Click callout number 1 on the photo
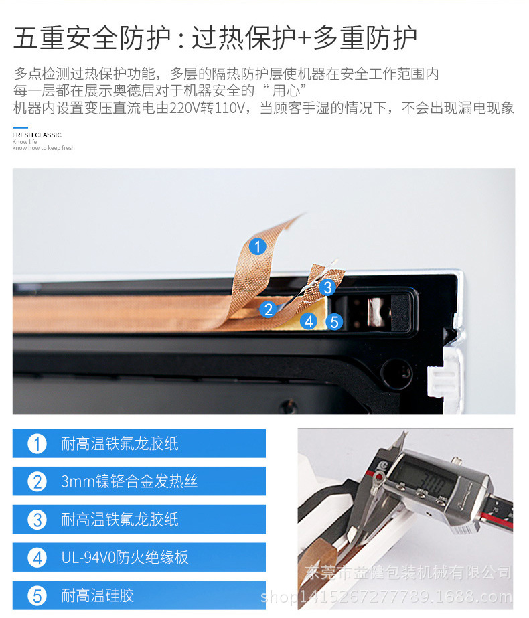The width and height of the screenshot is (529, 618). click(257, 246)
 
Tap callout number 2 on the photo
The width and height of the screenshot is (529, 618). click(269, 309)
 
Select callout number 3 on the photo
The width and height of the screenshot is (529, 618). click(327, 287)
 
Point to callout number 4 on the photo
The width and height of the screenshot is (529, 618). click(309, 321)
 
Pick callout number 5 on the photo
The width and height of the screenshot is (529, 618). click(334, 321)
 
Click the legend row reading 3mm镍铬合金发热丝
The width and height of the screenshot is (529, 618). click(139, 481)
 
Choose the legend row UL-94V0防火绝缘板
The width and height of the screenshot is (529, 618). click(139, 557)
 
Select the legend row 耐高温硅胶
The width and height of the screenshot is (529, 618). click(139, 595)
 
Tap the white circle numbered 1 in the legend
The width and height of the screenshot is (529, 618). click(37, 444)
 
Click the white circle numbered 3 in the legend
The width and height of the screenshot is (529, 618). click(37, 520)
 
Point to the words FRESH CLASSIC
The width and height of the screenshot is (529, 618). click(37, 135)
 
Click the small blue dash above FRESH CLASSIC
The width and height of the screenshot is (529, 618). click(20, 127)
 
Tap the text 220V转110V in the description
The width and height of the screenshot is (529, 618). click(208, 108)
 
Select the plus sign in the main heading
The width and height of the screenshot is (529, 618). click(304, 38)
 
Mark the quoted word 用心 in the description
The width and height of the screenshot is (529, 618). click(286, 90)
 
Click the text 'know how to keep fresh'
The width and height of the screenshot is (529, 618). click(44, 148)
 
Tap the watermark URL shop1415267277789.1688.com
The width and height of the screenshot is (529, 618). click(386, 597)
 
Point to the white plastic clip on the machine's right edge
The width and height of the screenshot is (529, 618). click(445, 370)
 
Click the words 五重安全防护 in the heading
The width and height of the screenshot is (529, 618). click(92, 38)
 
